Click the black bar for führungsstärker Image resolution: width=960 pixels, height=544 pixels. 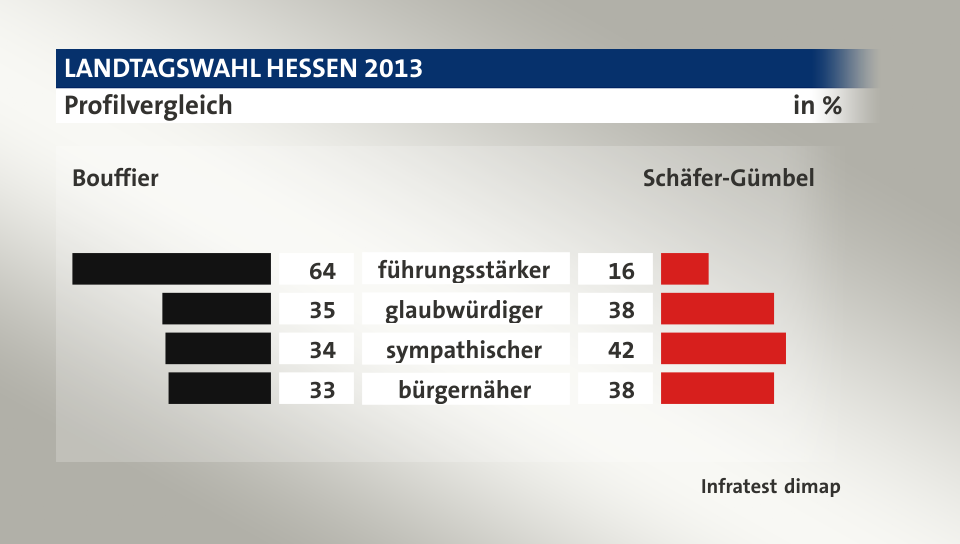172,269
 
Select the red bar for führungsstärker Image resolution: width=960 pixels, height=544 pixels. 685,269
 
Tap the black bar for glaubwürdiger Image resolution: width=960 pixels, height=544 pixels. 216,309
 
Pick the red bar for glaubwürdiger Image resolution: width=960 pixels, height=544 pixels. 717,309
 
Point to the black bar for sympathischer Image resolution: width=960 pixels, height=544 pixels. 218,348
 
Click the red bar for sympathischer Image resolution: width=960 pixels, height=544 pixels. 723,348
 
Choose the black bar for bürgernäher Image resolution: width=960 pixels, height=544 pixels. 220,388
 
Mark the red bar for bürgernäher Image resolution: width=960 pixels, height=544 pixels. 717,388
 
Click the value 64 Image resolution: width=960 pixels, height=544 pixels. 321,271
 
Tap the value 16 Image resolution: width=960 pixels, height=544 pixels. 621,271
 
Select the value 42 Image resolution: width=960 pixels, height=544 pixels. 621,350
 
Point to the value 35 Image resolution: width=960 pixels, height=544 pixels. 321,310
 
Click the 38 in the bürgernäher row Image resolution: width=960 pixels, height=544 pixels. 621,390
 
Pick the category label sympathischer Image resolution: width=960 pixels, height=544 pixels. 464,350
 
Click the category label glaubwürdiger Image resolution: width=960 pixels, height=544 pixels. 464,310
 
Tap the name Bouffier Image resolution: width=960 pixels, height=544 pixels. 115,179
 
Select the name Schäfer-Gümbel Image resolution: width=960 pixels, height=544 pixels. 728,179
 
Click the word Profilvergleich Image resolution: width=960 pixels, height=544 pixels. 148,105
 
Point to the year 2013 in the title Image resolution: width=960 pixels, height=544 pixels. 393,69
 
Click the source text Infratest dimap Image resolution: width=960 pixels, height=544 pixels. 770,487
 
